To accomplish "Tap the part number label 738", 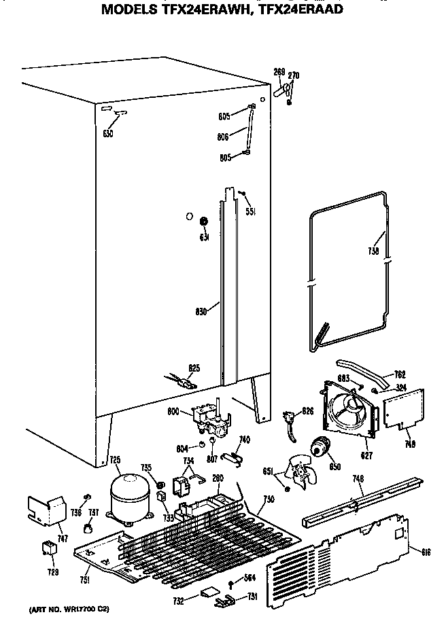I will pos(373,250).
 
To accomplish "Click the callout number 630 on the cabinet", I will pos(107,133).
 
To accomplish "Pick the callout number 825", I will pos(194,368).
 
